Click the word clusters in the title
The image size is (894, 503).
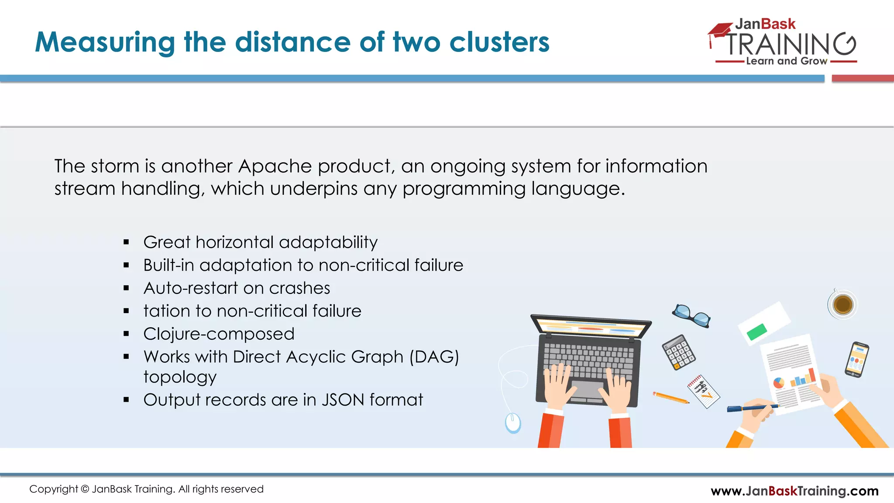499,42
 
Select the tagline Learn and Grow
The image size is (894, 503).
786,61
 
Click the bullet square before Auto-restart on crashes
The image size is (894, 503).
126,288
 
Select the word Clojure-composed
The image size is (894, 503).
219,334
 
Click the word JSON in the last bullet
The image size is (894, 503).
343,400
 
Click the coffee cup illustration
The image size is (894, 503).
842,304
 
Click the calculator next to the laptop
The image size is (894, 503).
678,352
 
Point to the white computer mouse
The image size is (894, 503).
512,423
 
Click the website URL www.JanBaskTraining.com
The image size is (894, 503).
794,491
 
